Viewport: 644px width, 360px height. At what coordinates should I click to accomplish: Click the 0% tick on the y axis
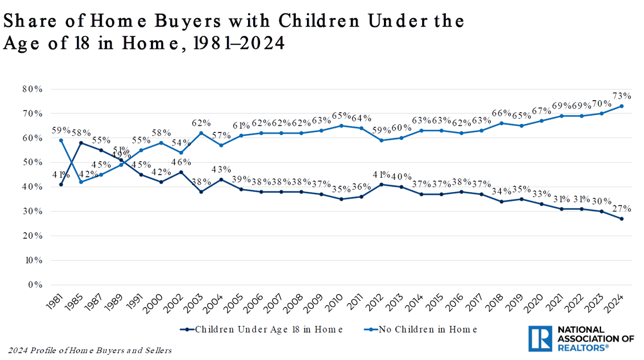[35, 285]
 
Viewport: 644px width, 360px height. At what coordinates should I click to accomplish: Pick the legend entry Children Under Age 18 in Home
[262, 329]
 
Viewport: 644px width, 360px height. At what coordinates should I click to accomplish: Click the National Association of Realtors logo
[581, 338]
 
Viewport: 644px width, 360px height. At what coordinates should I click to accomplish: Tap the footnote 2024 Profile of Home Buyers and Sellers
[90, 350]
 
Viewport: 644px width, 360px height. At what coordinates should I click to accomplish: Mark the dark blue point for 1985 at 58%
[81, 143]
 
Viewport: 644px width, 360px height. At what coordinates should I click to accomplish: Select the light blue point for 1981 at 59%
[61, 140]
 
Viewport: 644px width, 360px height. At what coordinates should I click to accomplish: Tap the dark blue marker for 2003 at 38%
[201, 192]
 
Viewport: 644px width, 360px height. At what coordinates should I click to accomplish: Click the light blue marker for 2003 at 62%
[201, 133]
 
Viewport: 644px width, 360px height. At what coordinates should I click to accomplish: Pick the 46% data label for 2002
[181, 162]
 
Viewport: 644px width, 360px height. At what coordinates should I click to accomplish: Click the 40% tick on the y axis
[33, 187]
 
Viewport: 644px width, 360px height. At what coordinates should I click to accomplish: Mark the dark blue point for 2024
[622, 219]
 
